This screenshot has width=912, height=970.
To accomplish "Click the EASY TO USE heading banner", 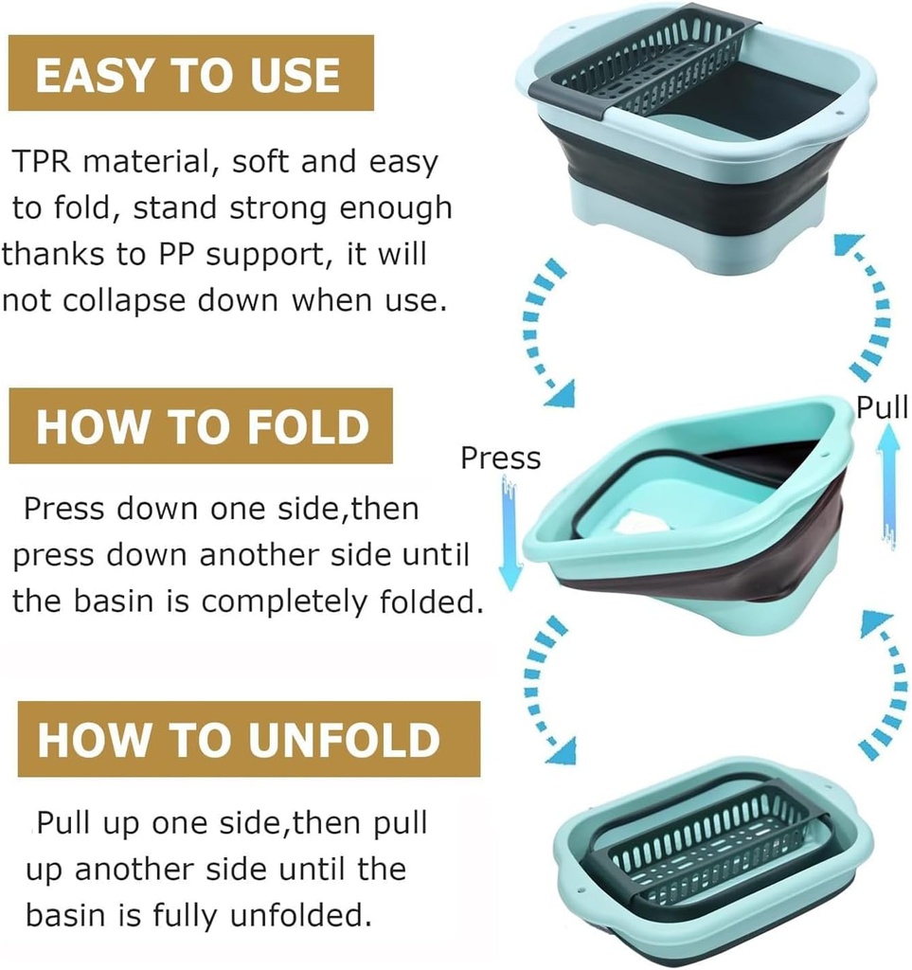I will pos(190,74).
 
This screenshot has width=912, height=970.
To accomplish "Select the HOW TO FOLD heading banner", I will pos(201,426).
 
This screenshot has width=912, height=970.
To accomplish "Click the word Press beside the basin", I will pos(500,458).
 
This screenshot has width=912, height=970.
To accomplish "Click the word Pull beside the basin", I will pos(882,407).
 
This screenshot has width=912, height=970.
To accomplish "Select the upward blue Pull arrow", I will pos(888,483).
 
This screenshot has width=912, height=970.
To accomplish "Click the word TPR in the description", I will pos(43,162).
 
